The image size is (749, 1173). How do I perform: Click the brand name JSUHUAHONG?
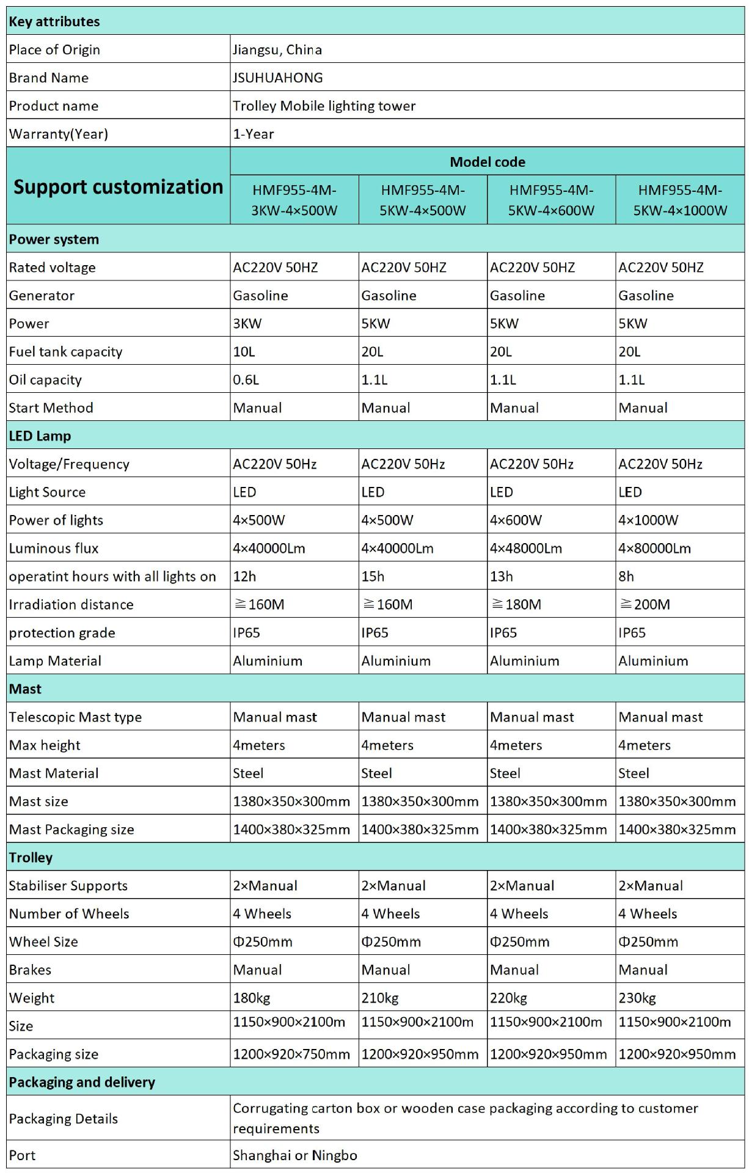pyautogui.click(x=278, y=78)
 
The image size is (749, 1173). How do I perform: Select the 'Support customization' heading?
pyautogui.click(x=119, y=186)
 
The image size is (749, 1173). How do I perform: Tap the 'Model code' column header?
pyautogui.click(x=487, y=162)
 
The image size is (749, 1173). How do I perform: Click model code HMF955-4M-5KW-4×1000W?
pyautogui.click(x=680, y=200)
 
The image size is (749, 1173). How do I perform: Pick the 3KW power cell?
pyautogui.click(x=247, y=323)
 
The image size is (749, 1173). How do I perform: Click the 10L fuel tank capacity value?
pyautogui.click(x=244, y=351)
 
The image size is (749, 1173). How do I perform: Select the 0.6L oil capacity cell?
pyautogui.click(x=246, y=379)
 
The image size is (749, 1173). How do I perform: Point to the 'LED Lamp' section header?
pyautogui.click(x=40, y=436)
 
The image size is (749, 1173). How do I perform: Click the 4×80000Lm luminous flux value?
pyautogui.click(x=654, y=548)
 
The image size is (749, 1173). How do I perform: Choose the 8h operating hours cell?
pyautogui.click(x=626, y=576)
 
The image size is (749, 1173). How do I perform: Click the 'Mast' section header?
pyautogui.click(x=25, y=689)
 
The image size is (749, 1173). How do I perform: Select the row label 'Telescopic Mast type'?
pyautogui.click(x=75, y=717)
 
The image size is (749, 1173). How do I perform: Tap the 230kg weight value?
pyautogui.click(x=637, y=998)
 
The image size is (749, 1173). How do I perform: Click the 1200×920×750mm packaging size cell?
pyautogui.click(x=291, y=1054)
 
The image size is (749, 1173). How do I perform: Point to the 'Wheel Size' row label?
pyautogui.click(x=43, y=941)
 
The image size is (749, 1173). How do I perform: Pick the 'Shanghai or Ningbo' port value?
pyautogui.click(x=295, y=1155)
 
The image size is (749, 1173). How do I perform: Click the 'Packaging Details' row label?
pyautogui.click(x=64, y=1118)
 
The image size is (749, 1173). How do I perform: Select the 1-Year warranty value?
pyautogui.click(x=254, y=134)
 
